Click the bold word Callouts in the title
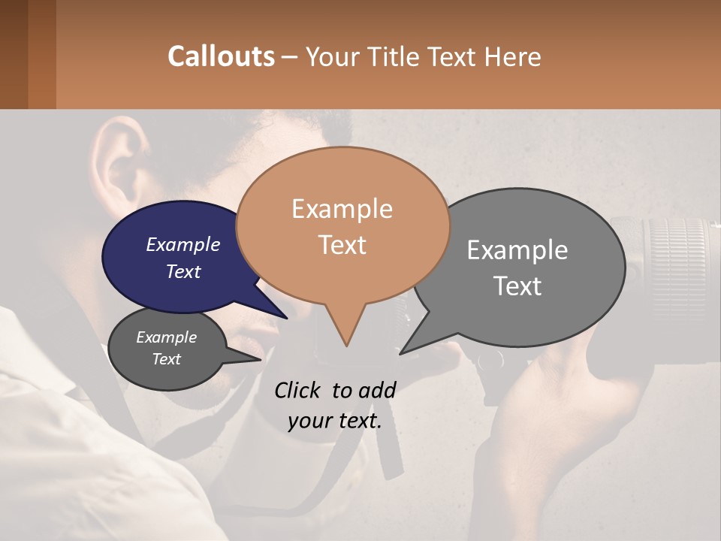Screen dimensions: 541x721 221,56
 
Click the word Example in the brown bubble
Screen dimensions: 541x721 342,209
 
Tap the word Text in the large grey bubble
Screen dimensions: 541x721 517,286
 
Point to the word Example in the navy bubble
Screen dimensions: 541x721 183,244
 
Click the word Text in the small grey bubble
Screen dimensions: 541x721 166,359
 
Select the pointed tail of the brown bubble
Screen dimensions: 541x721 345,331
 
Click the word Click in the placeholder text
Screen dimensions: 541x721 299,390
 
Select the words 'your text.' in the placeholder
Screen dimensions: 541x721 334,421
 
